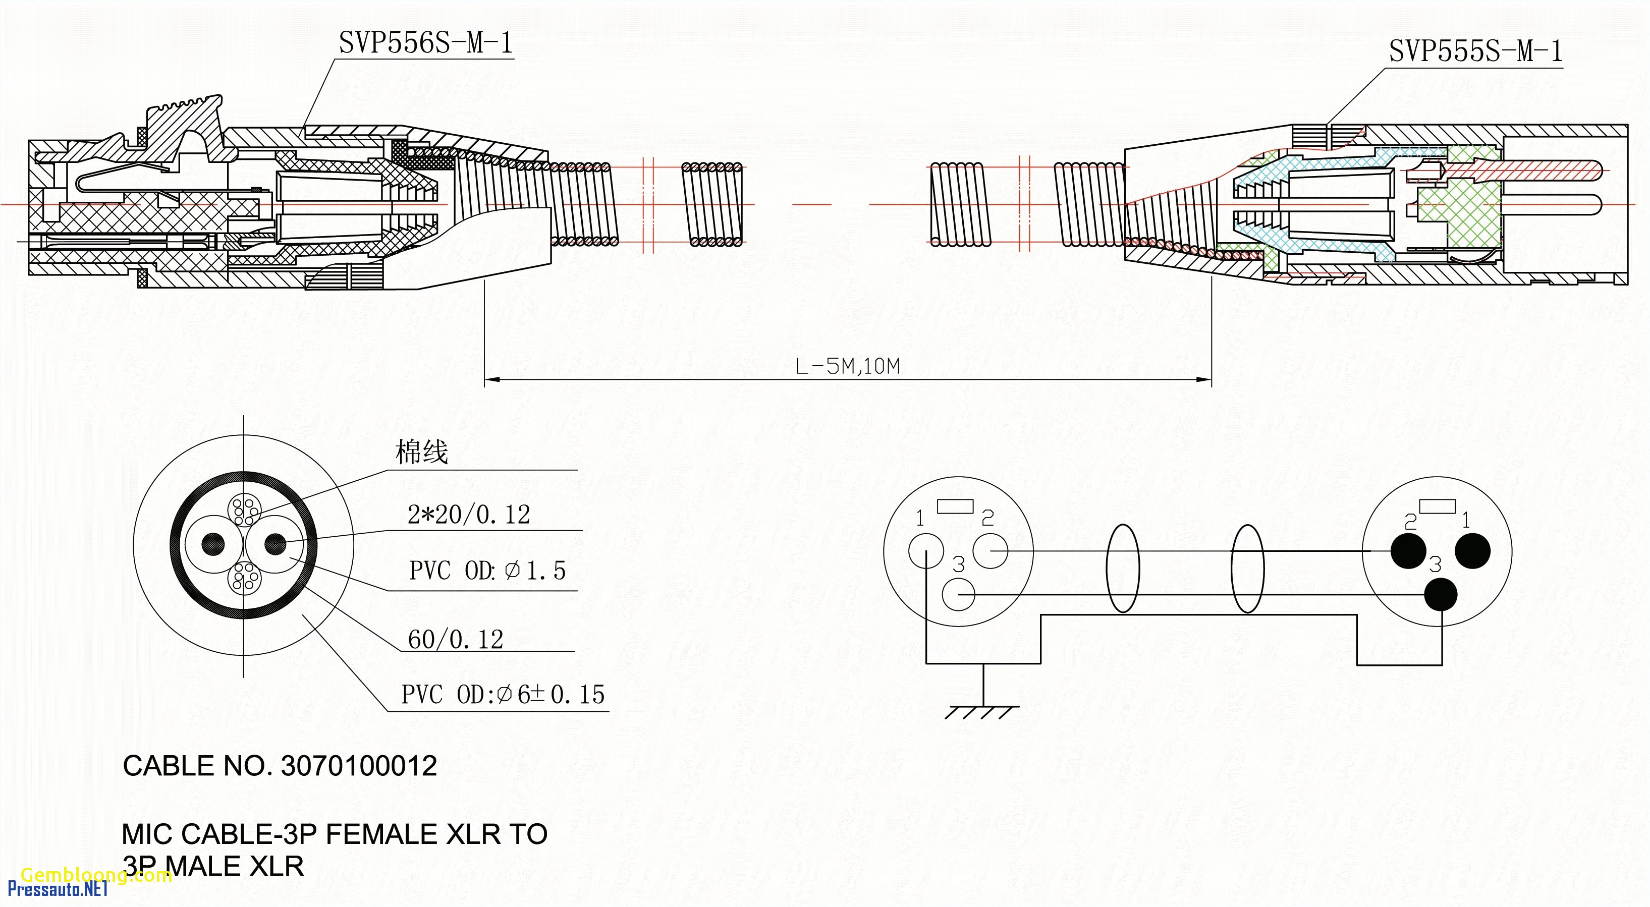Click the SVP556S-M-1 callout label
(x=425, y=43)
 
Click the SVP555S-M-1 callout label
(x=1475, y=51)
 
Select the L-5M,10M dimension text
(x=847, y=366)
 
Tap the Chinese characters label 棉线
(x=421, y=452)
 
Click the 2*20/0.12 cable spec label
(x=469, y=515)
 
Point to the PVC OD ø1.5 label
(x=487, y=570)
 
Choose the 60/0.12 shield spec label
(x=456, y=639)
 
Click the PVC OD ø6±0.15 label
(x=503, y=694)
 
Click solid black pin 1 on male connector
(x=1472, y=551)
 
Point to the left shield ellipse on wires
(x=1123, y=568)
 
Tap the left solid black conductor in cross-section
(x=213, y=544)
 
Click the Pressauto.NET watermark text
(x=58, y=889)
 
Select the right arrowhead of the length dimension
(x=1204, y=380)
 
